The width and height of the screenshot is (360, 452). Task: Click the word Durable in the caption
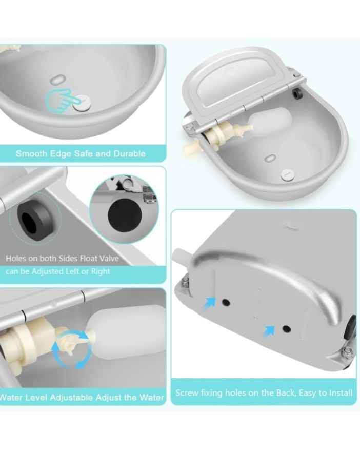pyautogui.click(x=129, y=153)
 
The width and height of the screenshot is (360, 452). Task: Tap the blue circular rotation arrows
pyautogui.click(x=71, y=350)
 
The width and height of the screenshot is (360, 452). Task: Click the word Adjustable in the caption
pyautogui.click(x=72, y=398)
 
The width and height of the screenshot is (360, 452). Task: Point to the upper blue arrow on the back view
pyautogui.click(x=210, y=304)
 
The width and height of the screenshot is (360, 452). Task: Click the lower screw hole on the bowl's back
pyautogui.click(x=287, y=329)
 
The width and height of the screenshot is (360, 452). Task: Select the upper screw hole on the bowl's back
pyautogui.click(x=226, y=302)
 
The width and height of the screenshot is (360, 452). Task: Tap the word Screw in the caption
pyautogui.click(x=187, y=393)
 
